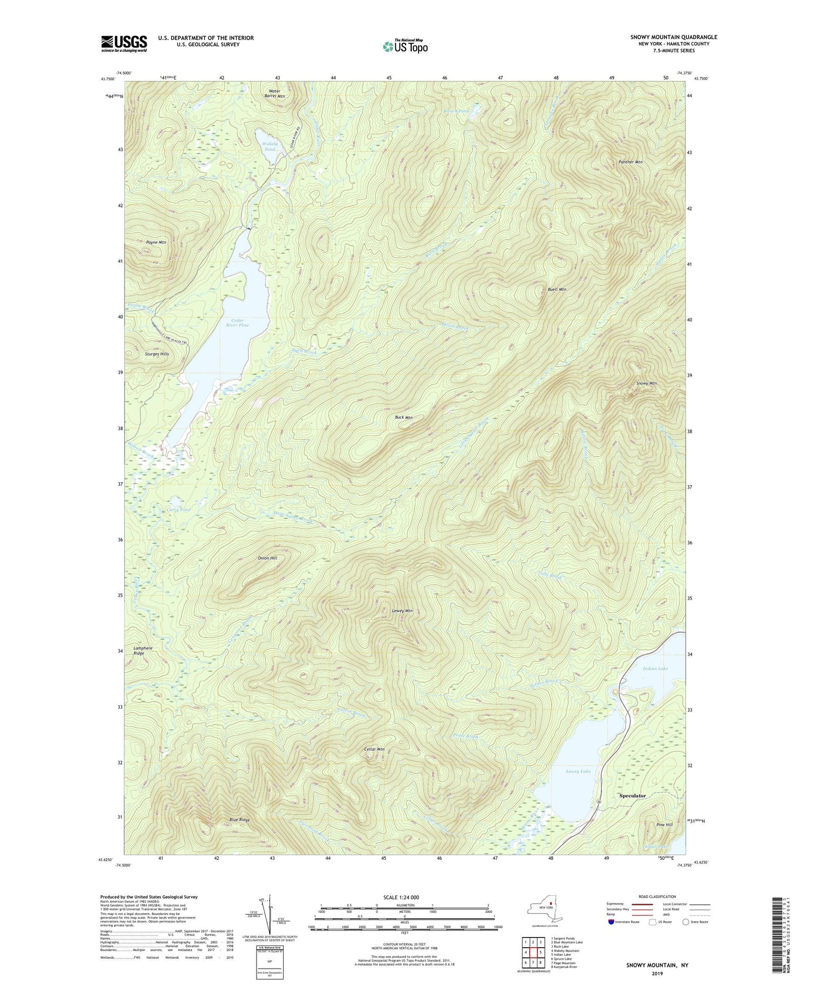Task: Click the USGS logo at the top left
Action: [124, 43]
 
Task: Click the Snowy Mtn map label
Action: [646, 384]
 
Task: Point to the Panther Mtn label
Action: [631, 162]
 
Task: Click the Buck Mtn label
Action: [403, 417]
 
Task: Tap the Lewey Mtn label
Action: [402, 611]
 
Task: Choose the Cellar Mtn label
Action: [374, 749]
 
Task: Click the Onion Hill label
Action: [267, 558]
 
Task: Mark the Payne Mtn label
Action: [156, 242]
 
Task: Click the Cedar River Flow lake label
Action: [237, 323]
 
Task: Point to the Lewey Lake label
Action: [578, 771]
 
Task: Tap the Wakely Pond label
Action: [270, 147]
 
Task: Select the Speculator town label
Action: [632, 795]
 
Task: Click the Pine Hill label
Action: [664, 825]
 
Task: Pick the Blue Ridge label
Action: [239, 819]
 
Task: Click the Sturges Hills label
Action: [157, 354]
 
